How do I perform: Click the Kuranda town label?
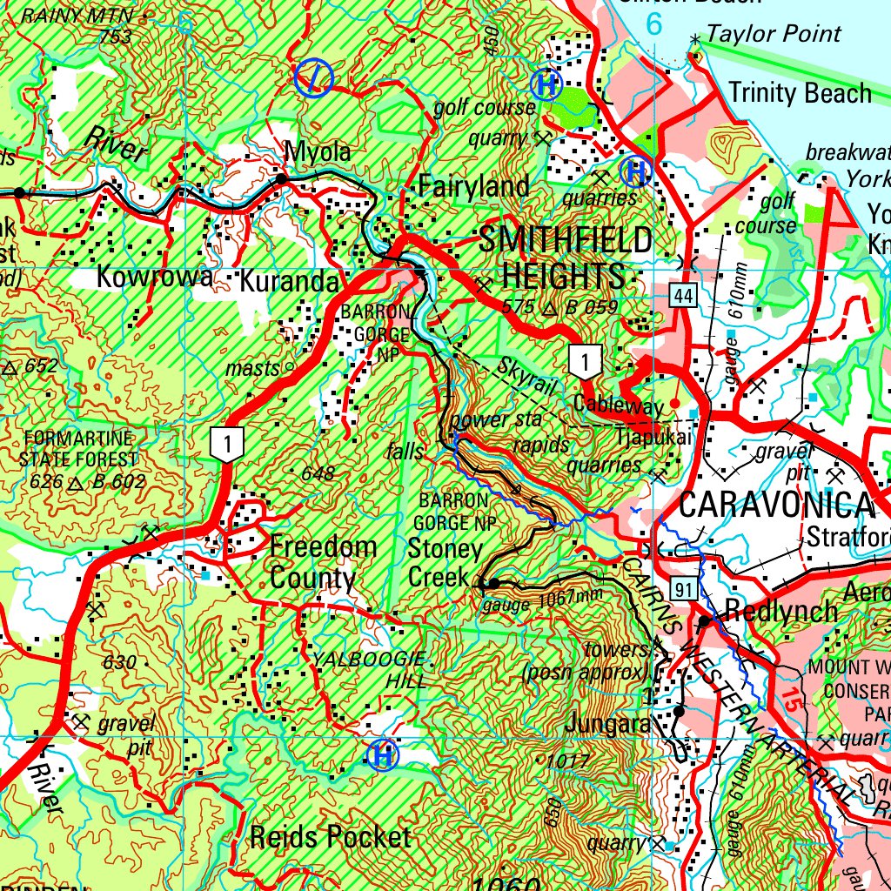(x=289, y=282)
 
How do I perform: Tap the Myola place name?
(x=318, y=152)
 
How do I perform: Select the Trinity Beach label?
(x=800, y=92)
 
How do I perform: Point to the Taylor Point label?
(x=774, y=34)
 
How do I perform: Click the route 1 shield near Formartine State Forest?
(x=228, y=444)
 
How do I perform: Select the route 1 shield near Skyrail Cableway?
(x=586, y=361)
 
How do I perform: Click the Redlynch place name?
(x=780, y=611)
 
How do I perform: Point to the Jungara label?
(x=606, y=723)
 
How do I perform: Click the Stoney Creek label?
(x=445, y=563)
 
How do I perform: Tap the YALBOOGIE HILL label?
(x=371, y=668)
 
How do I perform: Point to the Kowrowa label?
(x=155, y=278)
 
